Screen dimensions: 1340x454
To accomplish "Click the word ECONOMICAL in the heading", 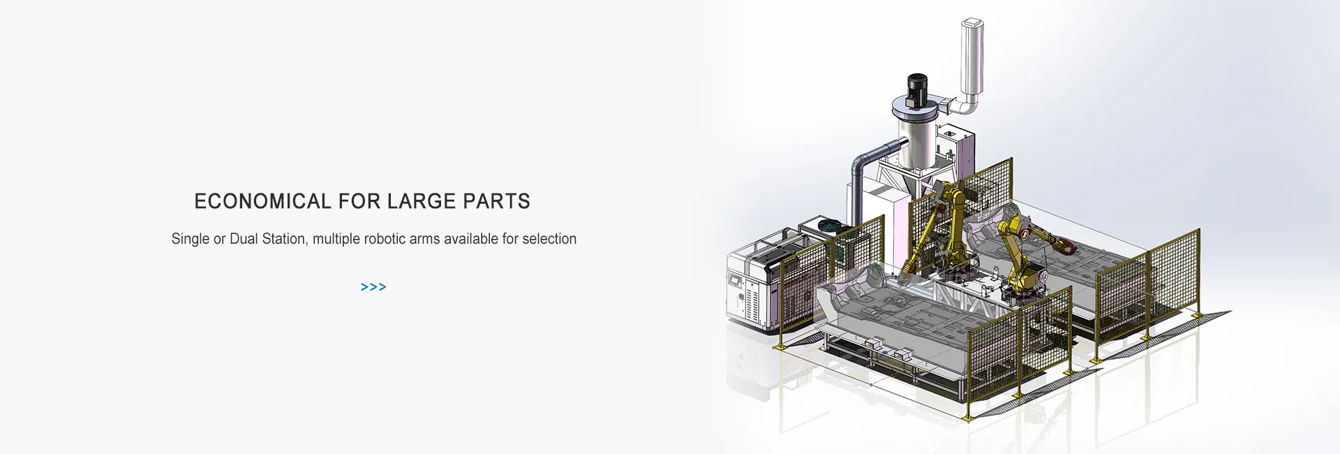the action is [262, 201].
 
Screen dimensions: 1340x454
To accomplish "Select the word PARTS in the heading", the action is [497, 201].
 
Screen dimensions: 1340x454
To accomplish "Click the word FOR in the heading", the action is [359, 201].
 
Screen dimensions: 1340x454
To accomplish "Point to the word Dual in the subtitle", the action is [244, 239].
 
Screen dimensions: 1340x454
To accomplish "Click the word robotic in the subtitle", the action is [385, 239].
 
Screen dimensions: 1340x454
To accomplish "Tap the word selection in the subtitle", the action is [549, 239].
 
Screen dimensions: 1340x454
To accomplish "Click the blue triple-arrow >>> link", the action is [373, 287].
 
